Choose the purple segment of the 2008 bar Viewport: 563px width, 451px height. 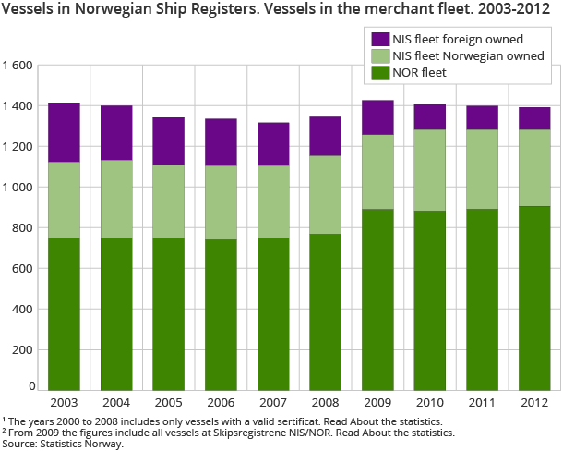(x=325, y=136)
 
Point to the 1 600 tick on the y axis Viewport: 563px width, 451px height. (x=18, y=66)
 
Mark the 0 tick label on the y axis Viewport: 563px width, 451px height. (x=31, y=386)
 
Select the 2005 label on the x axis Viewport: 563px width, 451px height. (x=168, y=404)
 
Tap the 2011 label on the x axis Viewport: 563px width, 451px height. (x=482, y=404)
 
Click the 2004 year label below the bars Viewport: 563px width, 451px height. (x=116, y=404)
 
